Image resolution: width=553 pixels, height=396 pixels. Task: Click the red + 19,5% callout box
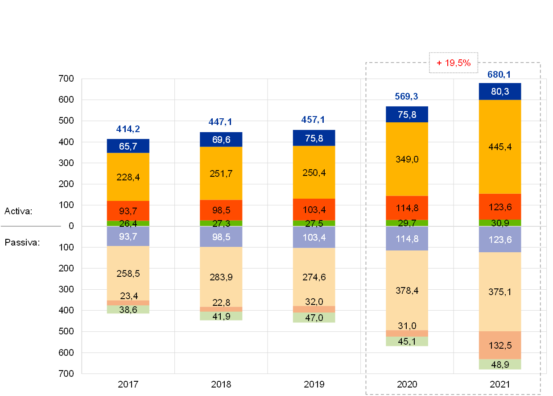[x=453, y=63]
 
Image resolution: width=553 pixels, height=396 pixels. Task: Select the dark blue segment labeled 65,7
[x=128, y=146]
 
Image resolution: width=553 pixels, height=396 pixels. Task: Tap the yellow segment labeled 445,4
[x=500, y=147]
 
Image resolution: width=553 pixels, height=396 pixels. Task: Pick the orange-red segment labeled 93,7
[x=128, y=211]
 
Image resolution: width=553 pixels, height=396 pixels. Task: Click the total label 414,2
[x=128, y=129]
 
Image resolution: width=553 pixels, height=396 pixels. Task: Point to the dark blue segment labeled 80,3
[x=500, y=92]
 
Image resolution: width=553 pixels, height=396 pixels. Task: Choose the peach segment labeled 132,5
[x=500, y=345]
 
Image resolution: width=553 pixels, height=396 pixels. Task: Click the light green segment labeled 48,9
[x=500, y=364]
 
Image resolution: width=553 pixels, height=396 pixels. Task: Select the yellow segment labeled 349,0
[x=407, y=159]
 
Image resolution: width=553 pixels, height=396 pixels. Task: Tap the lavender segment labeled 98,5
[x=221, y=237]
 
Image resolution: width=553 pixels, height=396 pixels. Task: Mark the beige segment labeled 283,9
[x=221, y=277]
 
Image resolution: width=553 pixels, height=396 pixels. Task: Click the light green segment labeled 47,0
[x=314, y=317]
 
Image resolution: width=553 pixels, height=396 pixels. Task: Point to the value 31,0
[x=407, y=325]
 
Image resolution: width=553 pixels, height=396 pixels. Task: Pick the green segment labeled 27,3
[x=221, y=223]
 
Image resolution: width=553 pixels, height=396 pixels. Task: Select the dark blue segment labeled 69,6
[x=221, y=140]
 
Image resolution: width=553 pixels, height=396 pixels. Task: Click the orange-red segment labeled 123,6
[x=500, y=206]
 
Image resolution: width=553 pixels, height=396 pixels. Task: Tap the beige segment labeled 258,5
[x=128, y=273]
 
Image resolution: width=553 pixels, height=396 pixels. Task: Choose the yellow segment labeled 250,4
[x=314, y=172]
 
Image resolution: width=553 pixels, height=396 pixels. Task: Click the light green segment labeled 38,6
[x=128, y=309]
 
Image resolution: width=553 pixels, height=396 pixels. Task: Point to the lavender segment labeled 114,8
[x=407, y=238]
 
